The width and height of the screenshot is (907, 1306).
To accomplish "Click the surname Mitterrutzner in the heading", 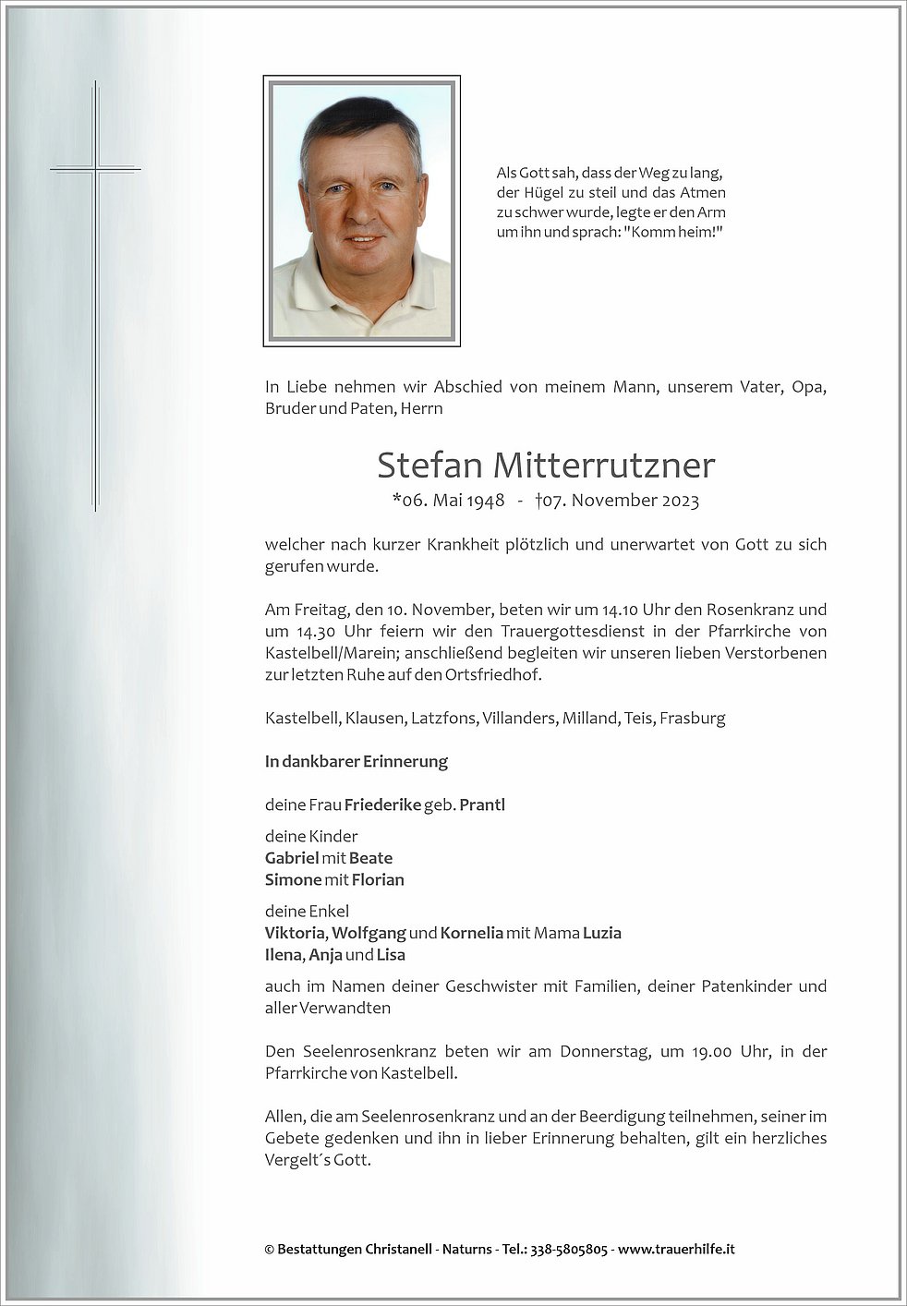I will click(x=604, y=466).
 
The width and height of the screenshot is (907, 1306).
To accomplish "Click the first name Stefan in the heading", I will click(x=429, y=466).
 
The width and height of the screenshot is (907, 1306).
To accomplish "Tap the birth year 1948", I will click(x=485, y=501).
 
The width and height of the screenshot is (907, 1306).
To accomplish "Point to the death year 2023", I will click(x=679, y=501).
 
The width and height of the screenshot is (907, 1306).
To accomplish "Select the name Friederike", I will click(x=382, y=804).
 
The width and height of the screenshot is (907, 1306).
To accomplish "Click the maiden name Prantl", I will click(x=482, y=804).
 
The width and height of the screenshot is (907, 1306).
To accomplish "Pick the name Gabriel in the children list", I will click(x=292, y=858).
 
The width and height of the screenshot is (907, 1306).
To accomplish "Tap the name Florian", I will click(x=378, y=879).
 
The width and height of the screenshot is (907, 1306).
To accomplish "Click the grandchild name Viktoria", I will click(x=295, y=933).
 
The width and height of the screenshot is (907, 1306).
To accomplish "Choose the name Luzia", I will click(x=601, y=933).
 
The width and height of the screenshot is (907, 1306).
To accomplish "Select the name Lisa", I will click(x=391, y=955).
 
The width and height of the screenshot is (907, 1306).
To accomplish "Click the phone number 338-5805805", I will click(x=567, y=1249).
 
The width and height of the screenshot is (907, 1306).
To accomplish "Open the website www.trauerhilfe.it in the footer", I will click(x=676, y=1249).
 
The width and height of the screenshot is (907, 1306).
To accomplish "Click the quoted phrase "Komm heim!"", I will click(x=673, y=232).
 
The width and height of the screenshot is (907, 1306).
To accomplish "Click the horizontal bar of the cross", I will click(x=96, y=169).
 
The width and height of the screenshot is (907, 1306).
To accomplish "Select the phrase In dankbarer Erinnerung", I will click(x=357, y=761).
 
